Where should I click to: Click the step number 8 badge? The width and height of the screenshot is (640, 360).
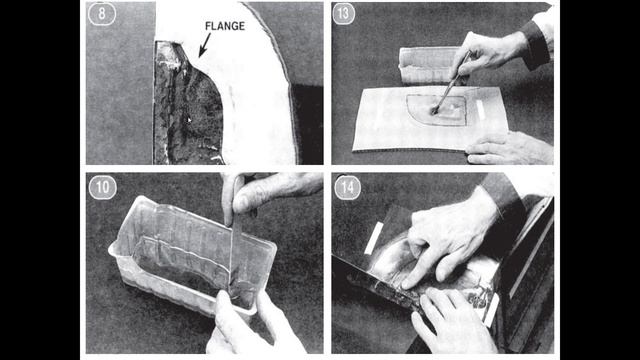point(102,13)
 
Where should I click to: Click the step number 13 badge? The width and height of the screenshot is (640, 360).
point(343,13)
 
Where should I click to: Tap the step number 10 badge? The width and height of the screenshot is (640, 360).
point(102,187)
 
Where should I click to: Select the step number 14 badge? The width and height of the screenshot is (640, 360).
point(347,188)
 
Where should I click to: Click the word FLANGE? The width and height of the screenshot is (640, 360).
point(225,26)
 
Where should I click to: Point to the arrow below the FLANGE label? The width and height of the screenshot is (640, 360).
point(204,45)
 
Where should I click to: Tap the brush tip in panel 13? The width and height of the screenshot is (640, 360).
point(435,109)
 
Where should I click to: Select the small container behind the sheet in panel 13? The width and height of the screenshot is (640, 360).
point(429,65)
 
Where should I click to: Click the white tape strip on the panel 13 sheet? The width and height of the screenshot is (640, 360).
point(480,110)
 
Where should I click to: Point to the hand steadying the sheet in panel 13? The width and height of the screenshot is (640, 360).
point(509,148)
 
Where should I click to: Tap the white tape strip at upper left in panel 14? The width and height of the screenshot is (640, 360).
point(373,238)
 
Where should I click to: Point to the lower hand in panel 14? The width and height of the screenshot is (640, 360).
point(453,322)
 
